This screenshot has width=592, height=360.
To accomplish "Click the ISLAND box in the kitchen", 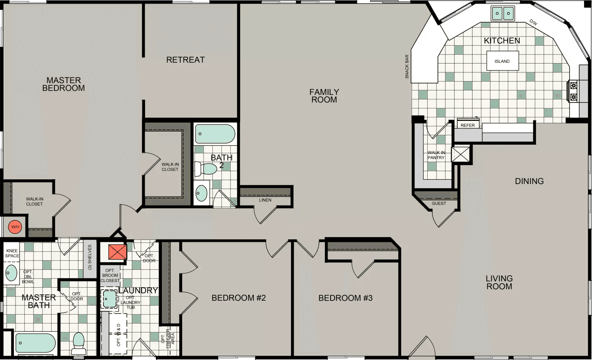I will coord(502,61).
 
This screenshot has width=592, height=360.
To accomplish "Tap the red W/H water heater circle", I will coord(15,227).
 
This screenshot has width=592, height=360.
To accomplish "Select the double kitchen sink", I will coord(502,13).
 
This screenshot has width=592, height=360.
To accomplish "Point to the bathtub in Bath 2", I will coord(215,134).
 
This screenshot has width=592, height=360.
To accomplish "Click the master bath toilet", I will coord(79,343).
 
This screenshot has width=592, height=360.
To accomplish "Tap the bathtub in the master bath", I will coord(35,343).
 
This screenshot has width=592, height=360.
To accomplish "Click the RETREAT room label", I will coord(185,60).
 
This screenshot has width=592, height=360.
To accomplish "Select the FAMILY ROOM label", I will coord(324,96).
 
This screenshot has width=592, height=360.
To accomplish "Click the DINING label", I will coord(529,181).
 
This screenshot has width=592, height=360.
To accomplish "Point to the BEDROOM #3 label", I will coord(345,298).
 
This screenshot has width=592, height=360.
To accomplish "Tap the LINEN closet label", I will coord(265,200).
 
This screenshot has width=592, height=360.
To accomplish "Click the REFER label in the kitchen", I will coord(468,125).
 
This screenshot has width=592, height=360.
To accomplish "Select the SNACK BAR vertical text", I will coord(407,66).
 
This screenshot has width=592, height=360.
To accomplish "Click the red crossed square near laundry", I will coord(118,252).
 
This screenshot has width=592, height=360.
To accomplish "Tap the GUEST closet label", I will coord(439,203).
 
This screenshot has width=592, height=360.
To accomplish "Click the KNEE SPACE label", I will coord(12,253).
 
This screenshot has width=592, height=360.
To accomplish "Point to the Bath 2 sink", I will coord(201,193).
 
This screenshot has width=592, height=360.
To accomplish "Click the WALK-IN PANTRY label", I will coord(436,155).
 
